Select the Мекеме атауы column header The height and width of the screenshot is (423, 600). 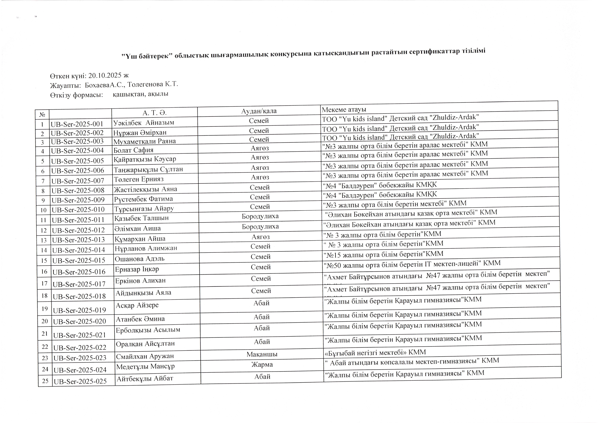coord(344,109)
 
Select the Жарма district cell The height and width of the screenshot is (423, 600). coord(262,364)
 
